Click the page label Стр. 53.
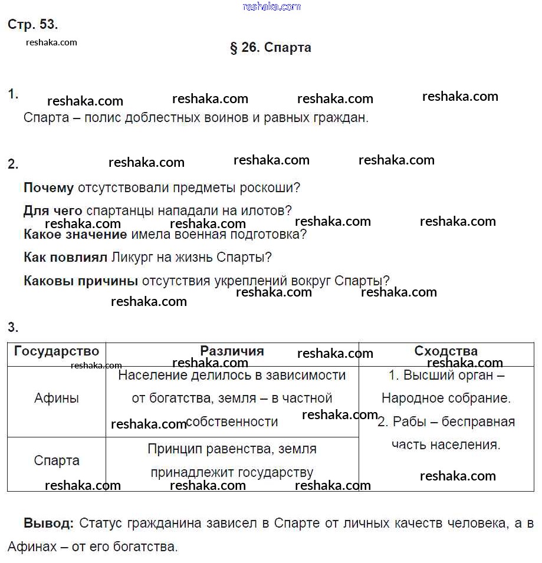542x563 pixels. coord(32,25)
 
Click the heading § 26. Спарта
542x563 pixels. coord(270,48)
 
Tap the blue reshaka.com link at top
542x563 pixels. coord(271,6)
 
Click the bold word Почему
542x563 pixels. coord(48,188)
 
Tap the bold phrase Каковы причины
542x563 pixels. coord(81,281)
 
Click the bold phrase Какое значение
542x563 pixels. coord(75,234)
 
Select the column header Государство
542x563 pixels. coord(57,351)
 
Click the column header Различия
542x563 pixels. coord(232,351)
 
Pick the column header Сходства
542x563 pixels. coord(446,351)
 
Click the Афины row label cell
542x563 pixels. coord(57,399)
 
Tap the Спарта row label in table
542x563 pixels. coord(57,461)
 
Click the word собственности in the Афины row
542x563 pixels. coord(232,422)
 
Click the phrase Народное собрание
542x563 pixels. coord(446,399)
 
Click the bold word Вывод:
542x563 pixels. coord(48,524)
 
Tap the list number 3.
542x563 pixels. coord(13,328)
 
